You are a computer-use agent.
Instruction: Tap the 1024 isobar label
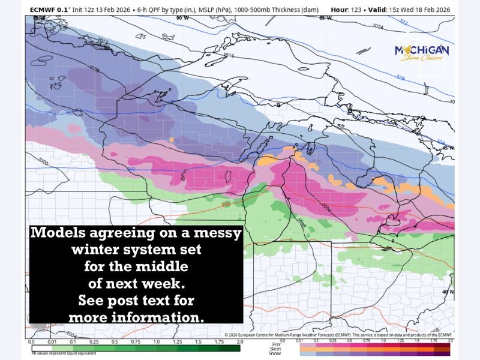(x=377, y=27)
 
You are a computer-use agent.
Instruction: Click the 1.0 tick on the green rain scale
(x=156, y=341)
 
